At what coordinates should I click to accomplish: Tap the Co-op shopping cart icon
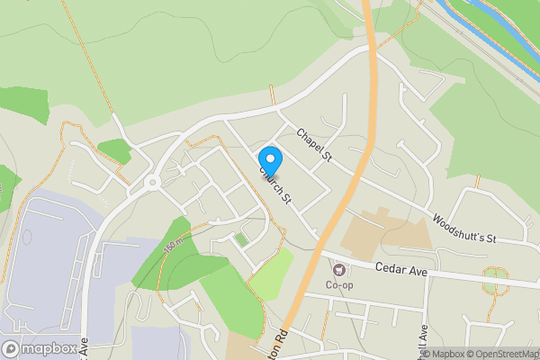[x=339, y=269]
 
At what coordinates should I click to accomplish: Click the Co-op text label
[x=338, y=286]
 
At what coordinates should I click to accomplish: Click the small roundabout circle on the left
[x=150, y=184]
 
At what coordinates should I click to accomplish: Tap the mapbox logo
[x=39, y=348]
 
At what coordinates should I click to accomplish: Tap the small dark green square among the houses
[x=241, y=239]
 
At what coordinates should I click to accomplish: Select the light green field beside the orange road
[x=271, y=274]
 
